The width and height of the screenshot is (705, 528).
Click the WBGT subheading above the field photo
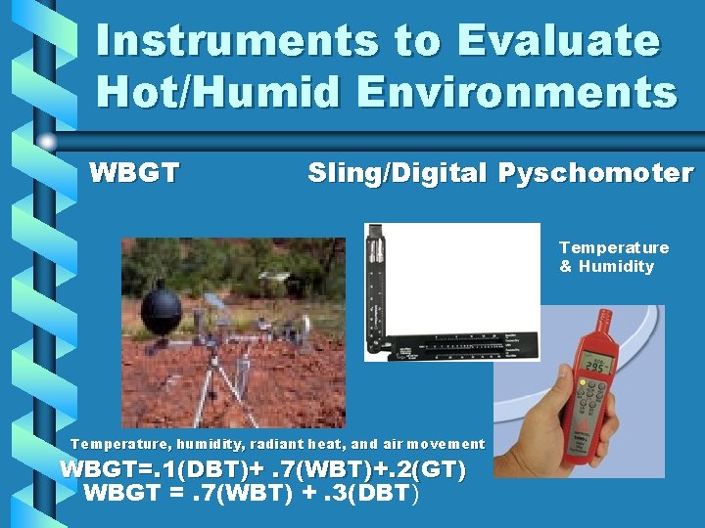click(134, 173)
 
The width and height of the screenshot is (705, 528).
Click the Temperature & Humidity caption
click(613, 257)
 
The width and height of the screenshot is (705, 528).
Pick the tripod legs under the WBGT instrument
click(212, 391)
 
